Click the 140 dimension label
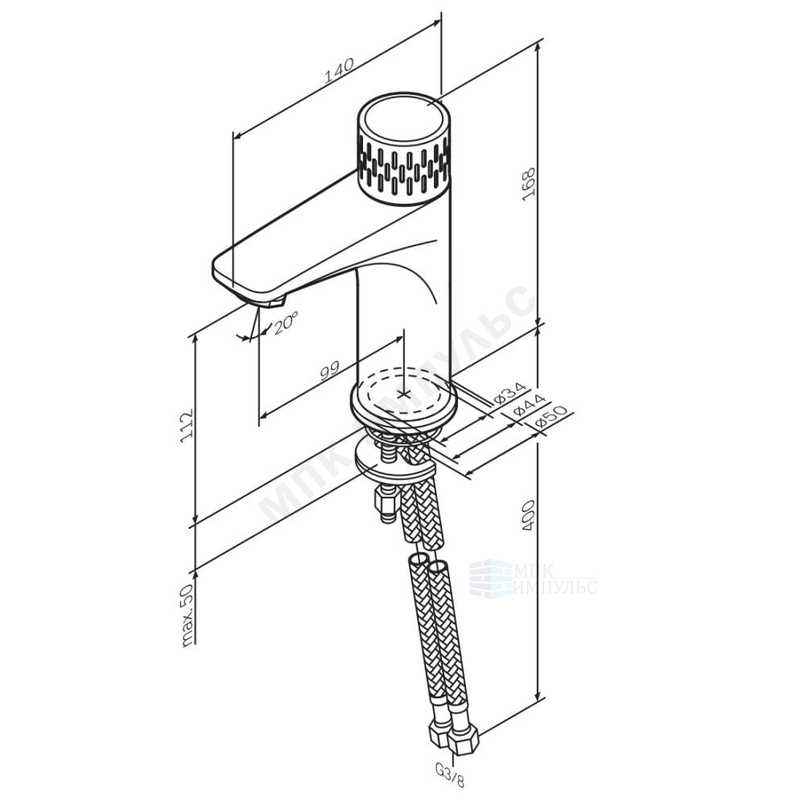tap(339, 72)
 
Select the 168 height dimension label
tap(529, 184)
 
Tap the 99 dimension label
tap(329, 370)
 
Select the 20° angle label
tap(285, 324)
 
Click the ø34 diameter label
tap(510, 393)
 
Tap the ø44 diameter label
tap(530, 405)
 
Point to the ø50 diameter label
tap(551, 417)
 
